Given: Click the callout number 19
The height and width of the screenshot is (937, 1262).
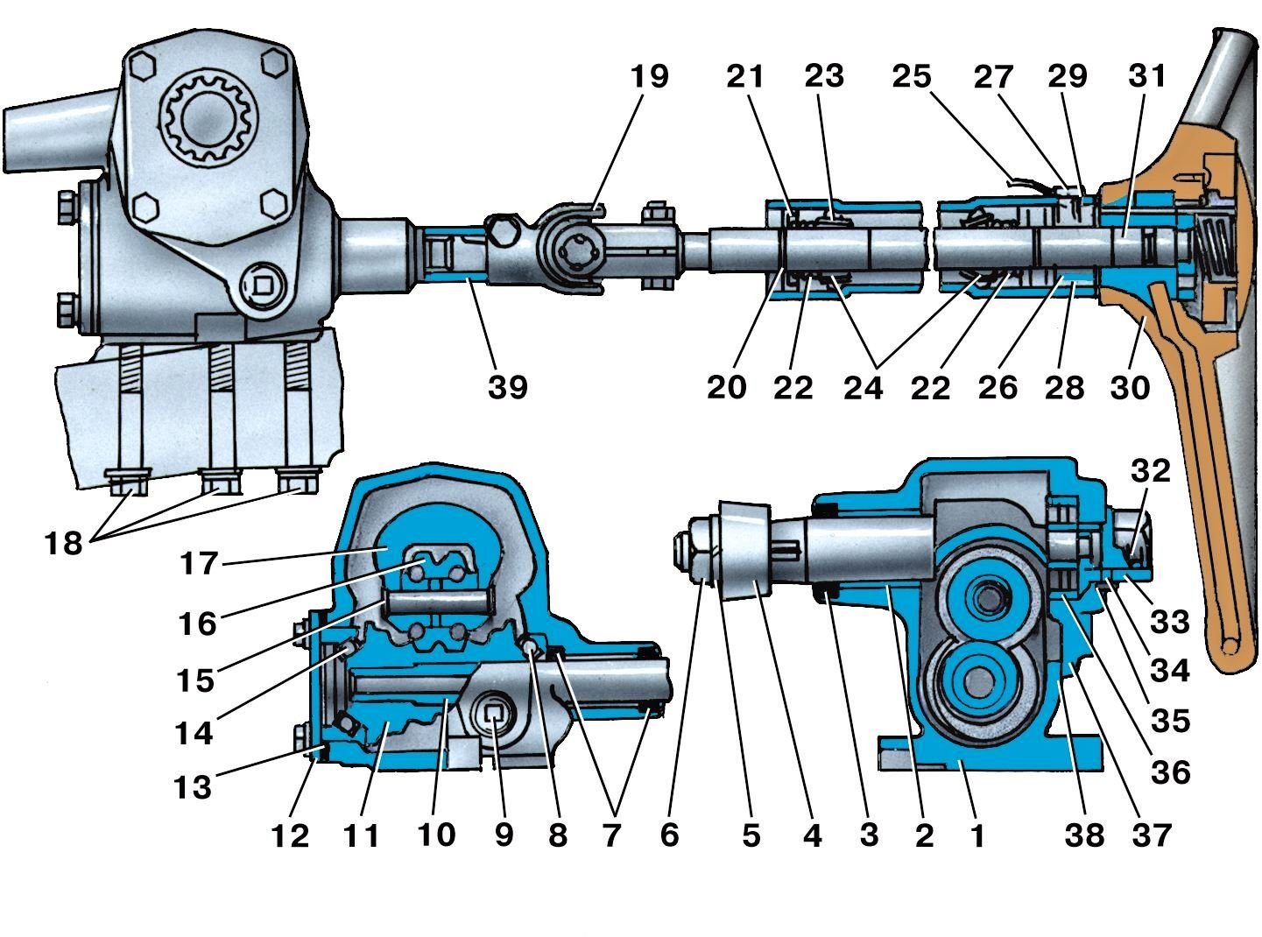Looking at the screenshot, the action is point(649,76).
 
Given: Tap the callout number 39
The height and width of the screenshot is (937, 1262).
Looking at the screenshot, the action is point(508,387).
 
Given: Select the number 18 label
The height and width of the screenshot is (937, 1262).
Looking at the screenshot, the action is point(64,543).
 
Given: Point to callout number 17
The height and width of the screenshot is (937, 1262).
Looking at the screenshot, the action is point(199,563).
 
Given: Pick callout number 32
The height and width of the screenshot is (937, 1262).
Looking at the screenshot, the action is point(1151,470).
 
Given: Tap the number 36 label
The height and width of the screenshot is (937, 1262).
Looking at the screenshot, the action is point(1170,772).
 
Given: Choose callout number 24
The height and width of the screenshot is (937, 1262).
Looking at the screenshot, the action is point(864,388).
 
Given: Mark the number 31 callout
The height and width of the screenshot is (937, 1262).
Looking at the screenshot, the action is point(1146,76).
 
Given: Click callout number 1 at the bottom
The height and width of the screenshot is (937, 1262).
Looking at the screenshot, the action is point(977,835).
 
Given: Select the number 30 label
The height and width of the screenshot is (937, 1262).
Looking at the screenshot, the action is point(1130,388).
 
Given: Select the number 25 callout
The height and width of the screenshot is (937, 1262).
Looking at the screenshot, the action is point(912,76).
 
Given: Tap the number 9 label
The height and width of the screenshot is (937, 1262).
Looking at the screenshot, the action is point(504,835).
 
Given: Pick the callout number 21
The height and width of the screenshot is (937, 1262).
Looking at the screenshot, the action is point(745,76).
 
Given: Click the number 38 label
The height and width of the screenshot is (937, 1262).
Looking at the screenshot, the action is point(1085,835).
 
